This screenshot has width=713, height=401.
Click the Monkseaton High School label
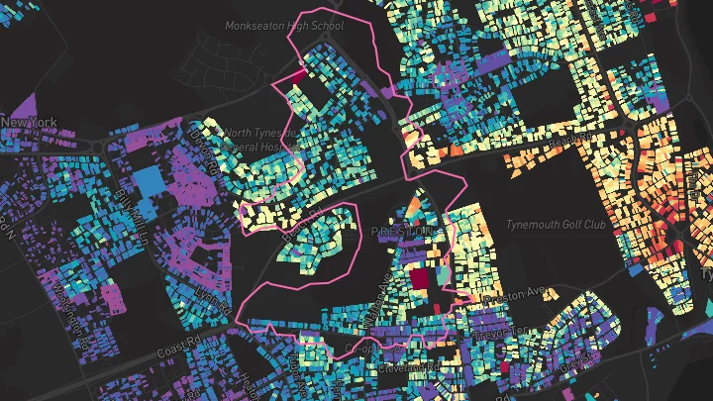[x=283, y=26]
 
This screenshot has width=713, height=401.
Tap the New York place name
[x=29, y=123]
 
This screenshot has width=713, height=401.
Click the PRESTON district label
[x=402, y=231]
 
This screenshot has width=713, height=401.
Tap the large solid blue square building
[x=148, y=184]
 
